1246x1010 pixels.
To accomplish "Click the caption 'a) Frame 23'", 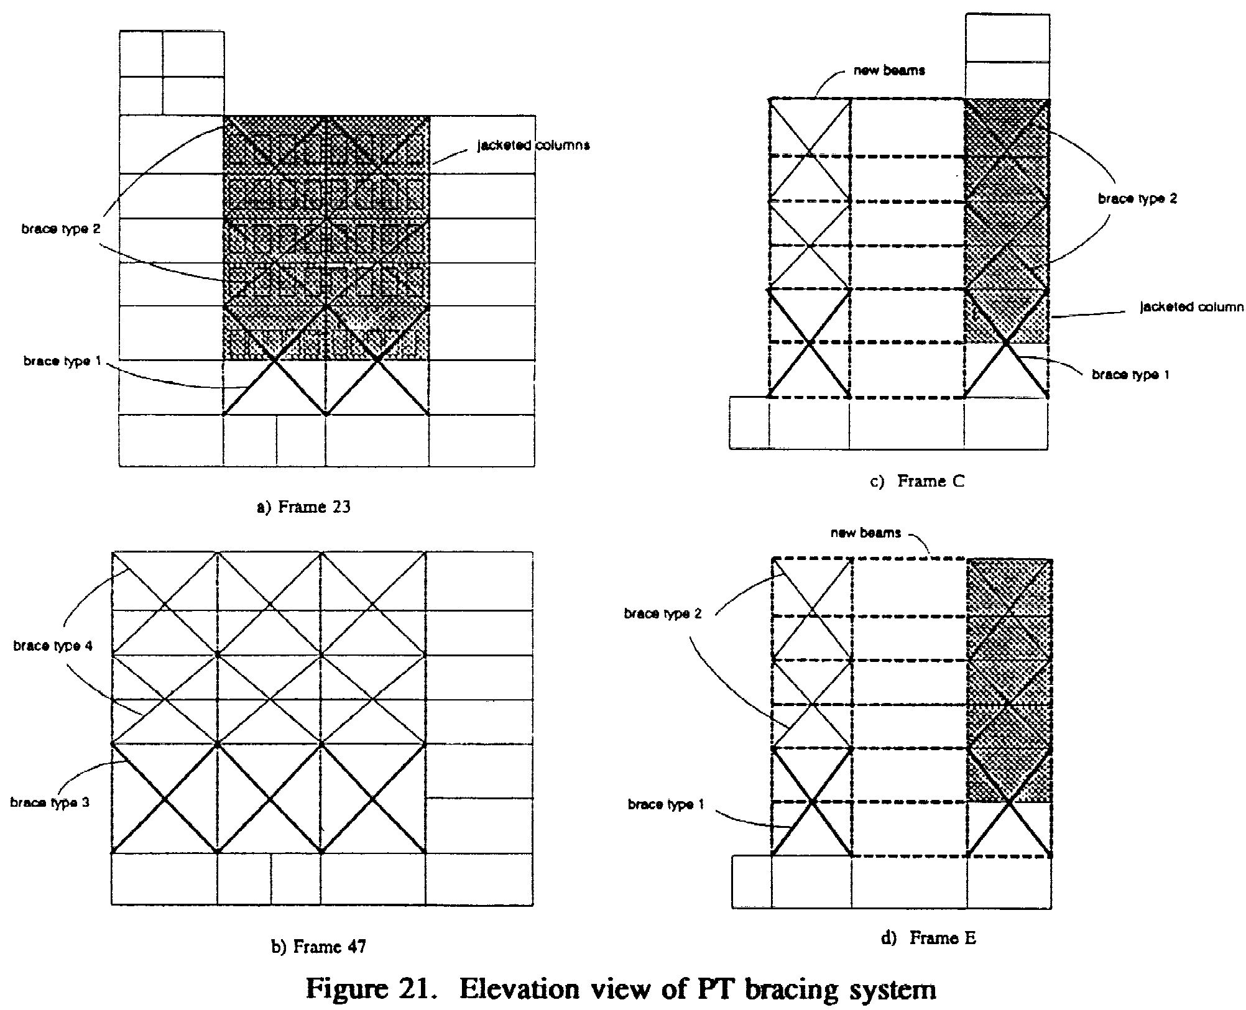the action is (x=304, y=507).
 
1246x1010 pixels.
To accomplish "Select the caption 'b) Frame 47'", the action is (x=319, y=947).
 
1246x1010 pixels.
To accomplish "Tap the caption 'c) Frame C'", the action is (x=917, y=481).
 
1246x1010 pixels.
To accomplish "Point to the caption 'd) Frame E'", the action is (x=929, y=938).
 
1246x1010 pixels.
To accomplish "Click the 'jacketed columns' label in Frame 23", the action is (x=533, y=145).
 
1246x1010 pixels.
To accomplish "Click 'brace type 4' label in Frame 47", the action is (x=53, y=646).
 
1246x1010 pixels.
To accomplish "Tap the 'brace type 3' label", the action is (x=50, y=802).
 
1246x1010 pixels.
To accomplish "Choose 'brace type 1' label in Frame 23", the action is (x=62, y=361).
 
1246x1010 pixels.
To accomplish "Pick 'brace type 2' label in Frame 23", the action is (x=61, y=229).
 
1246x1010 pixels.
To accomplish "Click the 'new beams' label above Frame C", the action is (x=889, y=70).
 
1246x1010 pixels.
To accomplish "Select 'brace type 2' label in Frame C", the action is (x=1138, y=199).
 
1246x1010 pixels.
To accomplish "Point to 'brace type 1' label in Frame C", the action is (x=1130, y=375).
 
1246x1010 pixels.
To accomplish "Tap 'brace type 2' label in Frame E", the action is (x=663, y=614).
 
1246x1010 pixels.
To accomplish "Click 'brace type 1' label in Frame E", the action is (x=666, y=804).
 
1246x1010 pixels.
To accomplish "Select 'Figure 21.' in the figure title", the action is (x=369, y=990).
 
